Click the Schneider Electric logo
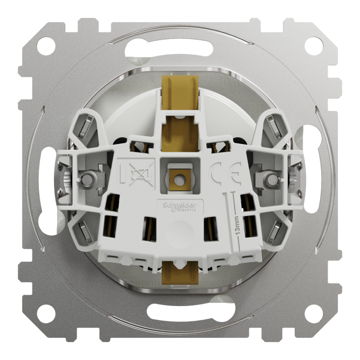[x=180, y=205]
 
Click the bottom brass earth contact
[x=179, y=273]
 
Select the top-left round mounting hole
[x=48, y=46]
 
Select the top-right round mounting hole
[x=312, y=46]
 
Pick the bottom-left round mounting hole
[x=48, y=312]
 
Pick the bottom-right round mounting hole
[x=312, y=312]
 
